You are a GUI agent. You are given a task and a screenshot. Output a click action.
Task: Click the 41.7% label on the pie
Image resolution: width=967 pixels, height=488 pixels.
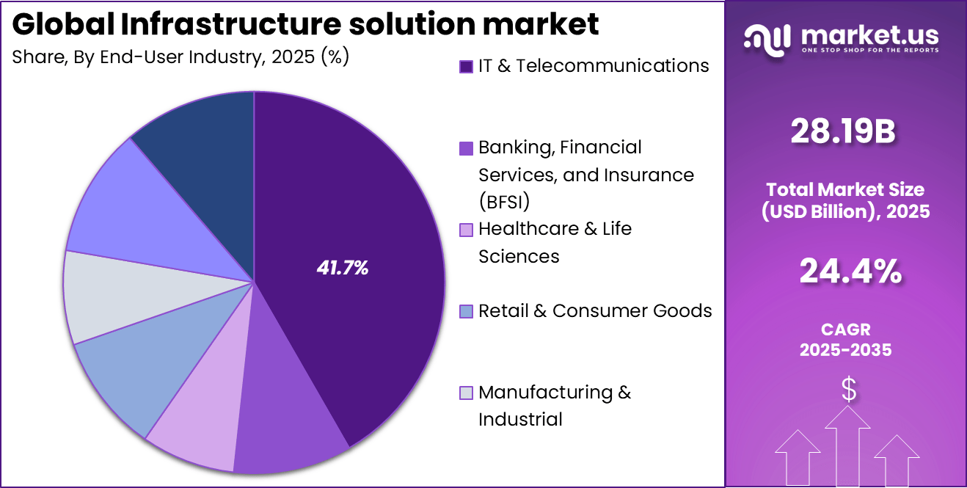point(342,269)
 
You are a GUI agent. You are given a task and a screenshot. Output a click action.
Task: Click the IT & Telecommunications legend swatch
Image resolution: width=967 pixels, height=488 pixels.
point(466,67)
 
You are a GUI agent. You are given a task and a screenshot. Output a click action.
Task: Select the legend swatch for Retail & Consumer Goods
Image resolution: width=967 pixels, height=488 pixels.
point(466,312)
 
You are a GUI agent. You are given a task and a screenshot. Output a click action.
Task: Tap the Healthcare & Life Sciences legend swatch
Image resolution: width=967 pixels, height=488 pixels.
point(466,230)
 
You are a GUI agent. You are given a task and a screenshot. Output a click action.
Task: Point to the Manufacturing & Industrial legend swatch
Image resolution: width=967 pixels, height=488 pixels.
point(466,393)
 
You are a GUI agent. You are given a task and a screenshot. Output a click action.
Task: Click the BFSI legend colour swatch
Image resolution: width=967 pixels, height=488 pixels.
point(466,148)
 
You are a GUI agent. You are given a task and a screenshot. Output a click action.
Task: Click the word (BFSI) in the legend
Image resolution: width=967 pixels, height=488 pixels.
point(504,202)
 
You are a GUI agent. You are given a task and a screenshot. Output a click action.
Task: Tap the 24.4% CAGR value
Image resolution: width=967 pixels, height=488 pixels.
point(850,272)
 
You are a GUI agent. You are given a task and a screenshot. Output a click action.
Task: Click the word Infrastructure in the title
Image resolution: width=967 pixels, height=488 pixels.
point(227,25)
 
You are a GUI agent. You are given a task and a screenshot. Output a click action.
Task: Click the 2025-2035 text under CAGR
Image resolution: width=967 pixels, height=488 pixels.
point(846,350)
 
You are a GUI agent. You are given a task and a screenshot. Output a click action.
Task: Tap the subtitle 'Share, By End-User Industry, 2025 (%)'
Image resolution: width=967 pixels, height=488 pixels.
point(180,58)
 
